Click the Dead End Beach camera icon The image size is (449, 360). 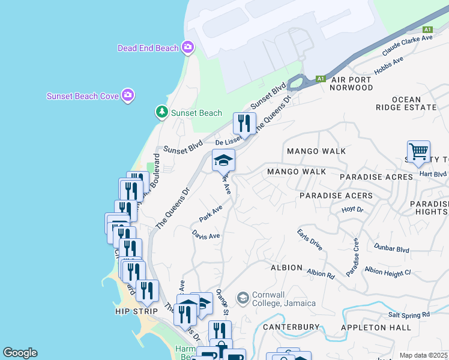point(188,47)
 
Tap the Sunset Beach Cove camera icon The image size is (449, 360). point(127,95)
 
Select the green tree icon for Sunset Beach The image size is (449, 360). point(161,112)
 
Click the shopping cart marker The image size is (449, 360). point(418,151)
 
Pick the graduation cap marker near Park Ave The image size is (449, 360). point(223,160)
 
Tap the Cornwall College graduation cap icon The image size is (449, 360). point(243,298)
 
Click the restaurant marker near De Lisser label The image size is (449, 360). point(244,124)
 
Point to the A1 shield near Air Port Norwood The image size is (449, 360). point(321,79)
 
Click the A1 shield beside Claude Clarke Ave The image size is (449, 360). point(427,29)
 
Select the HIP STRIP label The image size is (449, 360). point(136,311)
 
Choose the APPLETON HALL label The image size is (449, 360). point(376,328)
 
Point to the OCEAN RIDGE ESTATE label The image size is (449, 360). point(414,103)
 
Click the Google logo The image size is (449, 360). point(20,353)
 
